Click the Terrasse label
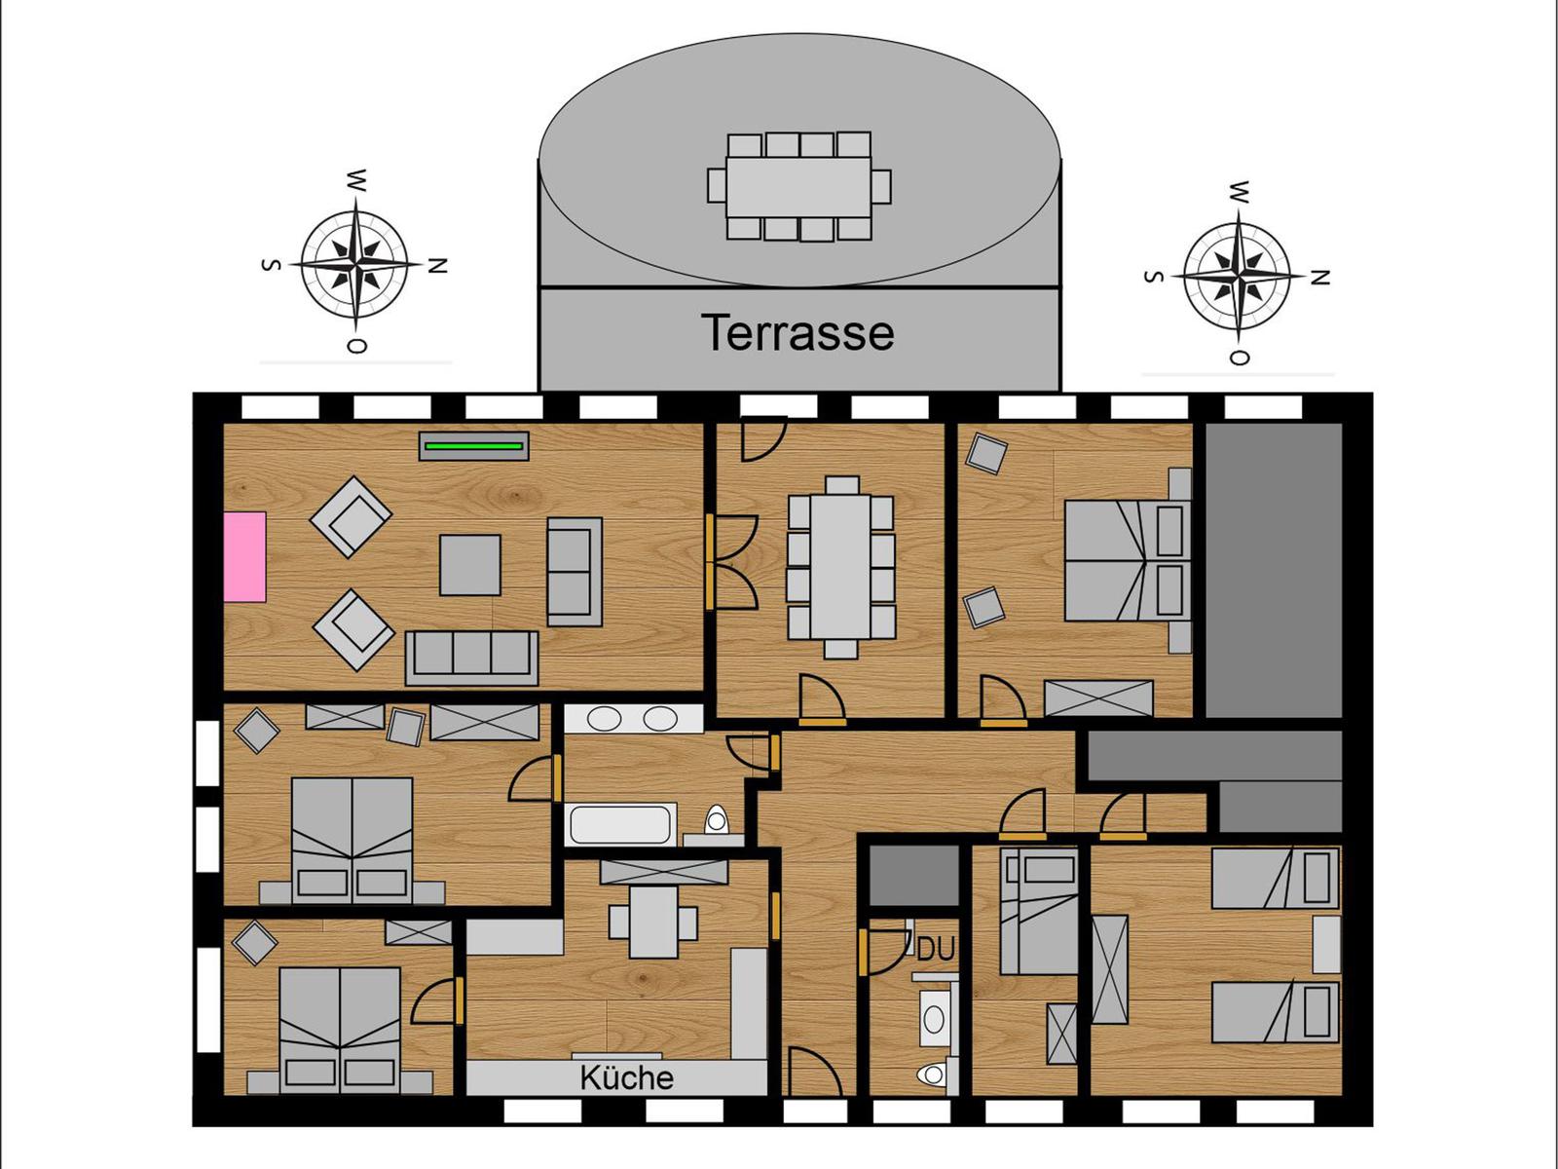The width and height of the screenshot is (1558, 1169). click(x=798, y=333)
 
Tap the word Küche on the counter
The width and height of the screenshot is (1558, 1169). click(x=626, y=1077)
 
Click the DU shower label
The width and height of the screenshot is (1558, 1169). click(x=936, y=949)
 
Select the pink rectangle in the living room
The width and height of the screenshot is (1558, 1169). click(x=244, y=556)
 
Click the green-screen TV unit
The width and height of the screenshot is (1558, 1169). click(x=474, y=446)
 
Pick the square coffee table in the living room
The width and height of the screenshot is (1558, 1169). click(x=470, y=565)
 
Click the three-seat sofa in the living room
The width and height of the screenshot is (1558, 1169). click(x=472, y=656)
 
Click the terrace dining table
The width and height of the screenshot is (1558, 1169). click(x=798, y=186)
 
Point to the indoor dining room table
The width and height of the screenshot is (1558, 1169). click(x=841, y=566)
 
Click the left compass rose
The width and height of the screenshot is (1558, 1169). click(x=354, y=264)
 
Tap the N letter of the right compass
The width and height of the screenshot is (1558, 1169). click(x=1320, y=278)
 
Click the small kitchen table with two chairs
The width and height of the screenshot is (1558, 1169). click(x=653, y=921)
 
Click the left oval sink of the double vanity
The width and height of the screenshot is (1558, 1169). click(x=606, y=720)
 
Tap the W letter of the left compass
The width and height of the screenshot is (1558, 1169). click(x=357, y=180)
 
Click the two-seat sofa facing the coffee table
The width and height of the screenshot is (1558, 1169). click(x=574, y=572)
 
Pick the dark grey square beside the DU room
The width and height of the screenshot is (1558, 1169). click(x=913, y=875)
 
